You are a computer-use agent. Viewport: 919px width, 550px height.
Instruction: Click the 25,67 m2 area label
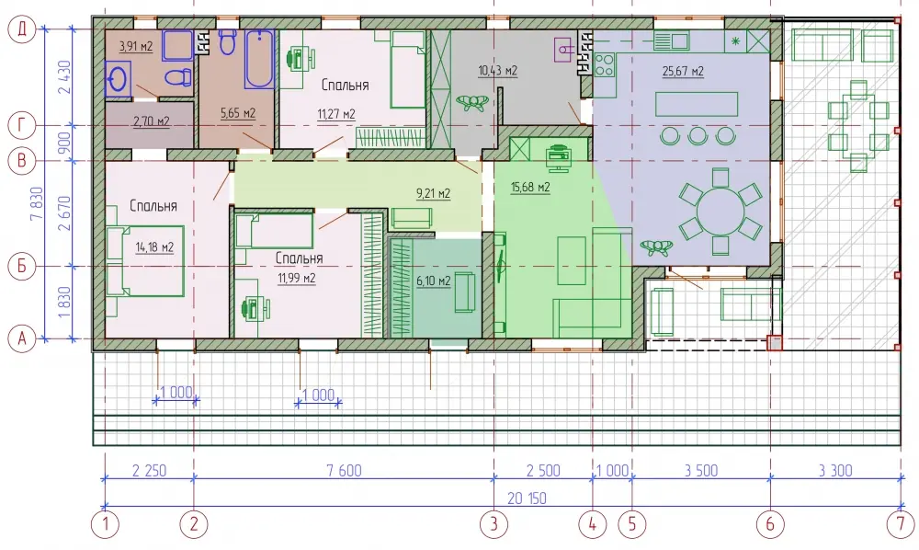click(x=683, y=72)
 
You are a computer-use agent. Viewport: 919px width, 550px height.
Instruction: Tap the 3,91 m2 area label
click(x=136, y=46)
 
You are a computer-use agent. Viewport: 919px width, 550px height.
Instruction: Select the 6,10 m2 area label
click(x=434, y=281)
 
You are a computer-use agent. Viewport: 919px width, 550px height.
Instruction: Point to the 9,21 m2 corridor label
click(x=433, y=193)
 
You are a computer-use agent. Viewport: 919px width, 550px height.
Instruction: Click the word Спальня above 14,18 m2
click(x=153, y=206)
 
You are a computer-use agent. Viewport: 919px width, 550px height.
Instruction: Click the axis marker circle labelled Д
click(x=22, y=29)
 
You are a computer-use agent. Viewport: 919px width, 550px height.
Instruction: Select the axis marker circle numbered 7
click(x=901, y=523)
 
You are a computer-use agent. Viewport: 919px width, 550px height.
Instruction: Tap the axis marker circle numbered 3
click(x=494, y=523)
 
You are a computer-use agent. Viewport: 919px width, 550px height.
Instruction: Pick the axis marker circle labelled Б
click(x=22, y=266)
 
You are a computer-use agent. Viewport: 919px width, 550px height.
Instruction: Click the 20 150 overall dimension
click(x=527, y=498)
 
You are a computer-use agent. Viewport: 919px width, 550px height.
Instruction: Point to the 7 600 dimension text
click(x=344, y=470)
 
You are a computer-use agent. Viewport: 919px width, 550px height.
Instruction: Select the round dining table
click(x=720, y=212)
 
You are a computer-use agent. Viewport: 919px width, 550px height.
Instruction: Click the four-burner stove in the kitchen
click(x=605, y=64)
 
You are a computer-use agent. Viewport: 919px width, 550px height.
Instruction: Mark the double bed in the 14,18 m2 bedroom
click(x=145, y=260)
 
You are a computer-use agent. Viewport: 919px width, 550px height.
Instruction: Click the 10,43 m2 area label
click(x=497, y=71)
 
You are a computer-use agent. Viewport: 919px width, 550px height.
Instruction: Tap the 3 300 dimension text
click(x=835, y=470)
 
